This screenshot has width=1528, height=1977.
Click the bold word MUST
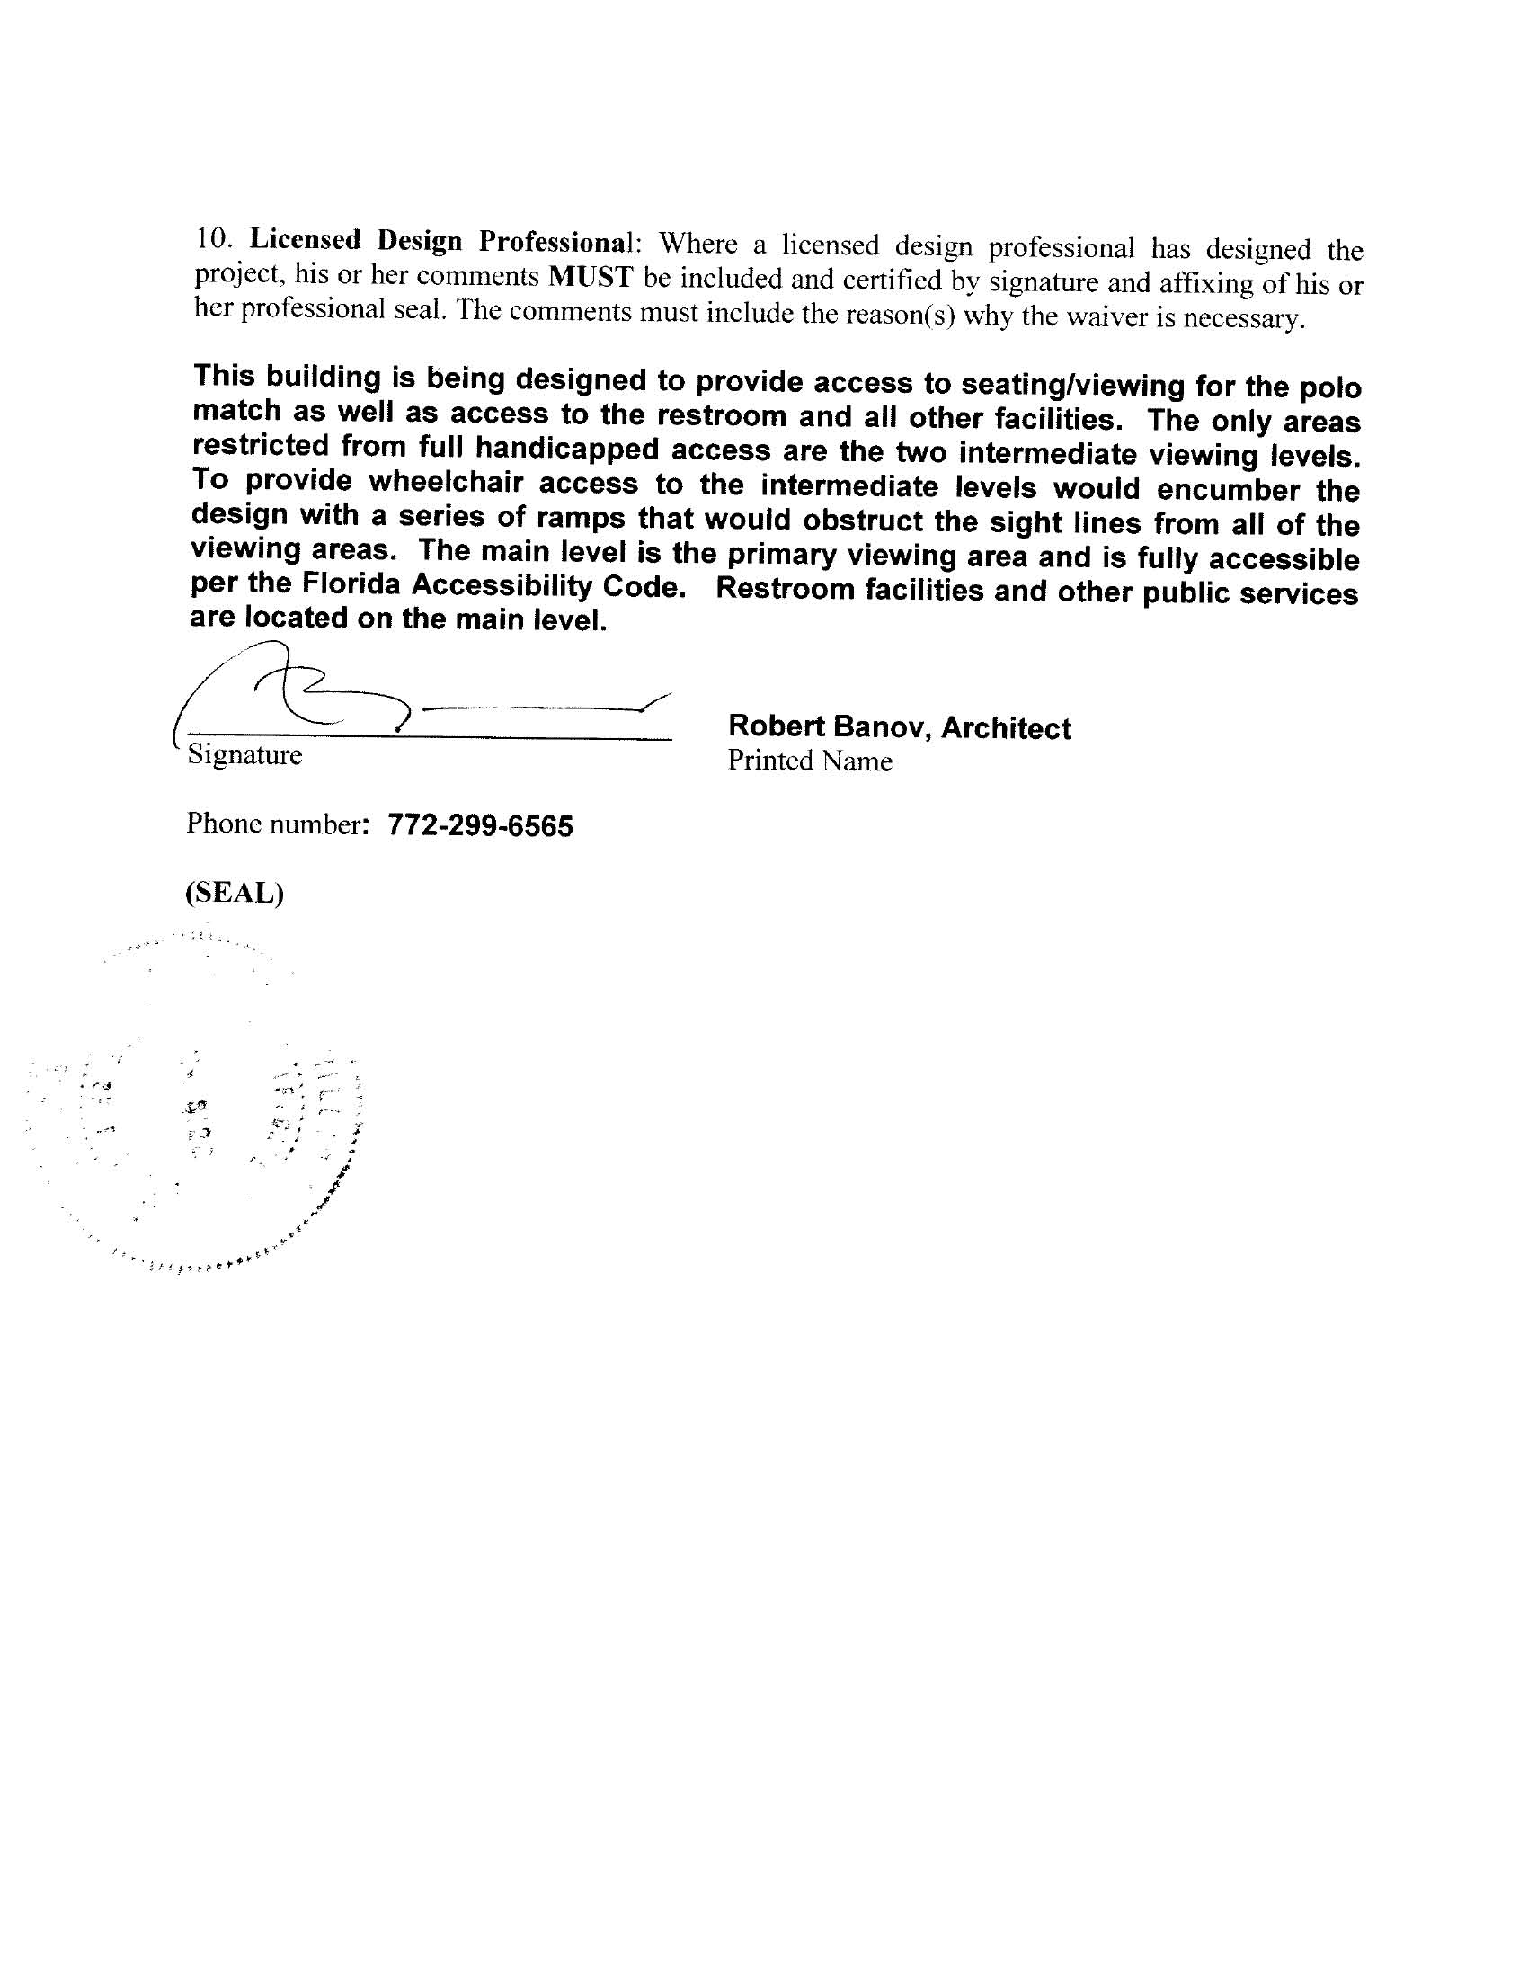(x=590, y=276)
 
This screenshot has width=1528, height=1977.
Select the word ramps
(x=581, y=519)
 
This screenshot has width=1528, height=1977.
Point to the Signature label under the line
(x=244, y=755)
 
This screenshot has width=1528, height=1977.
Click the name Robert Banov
(x=831, y=726)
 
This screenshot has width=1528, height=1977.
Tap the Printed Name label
(x=809, y=761)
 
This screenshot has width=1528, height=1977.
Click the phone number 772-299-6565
(x=480, y=825)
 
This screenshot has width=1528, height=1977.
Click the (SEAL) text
(x=235, y=893)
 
